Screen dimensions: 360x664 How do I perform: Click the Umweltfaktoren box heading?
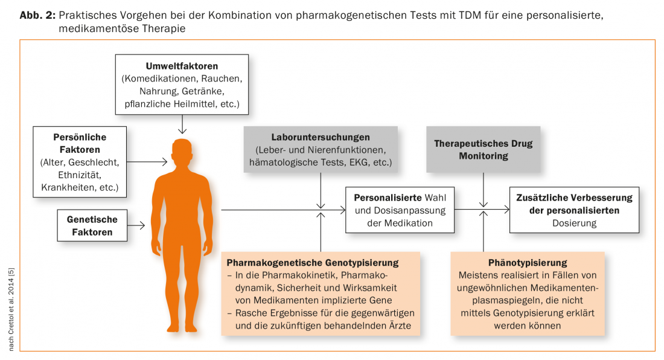(x=182, y=66)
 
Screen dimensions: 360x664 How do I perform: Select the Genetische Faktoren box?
(x=92, y=226)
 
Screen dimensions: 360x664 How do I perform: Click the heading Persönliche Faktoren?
(x=80, y=143)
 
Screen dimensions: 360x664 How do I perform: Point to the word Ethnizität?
(x=80, y=175)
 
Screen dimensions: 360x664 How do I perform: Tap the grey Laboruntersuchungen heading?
(x=321, y=138)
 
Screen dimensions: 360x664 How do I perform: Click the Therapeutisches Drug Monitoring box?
(x=484, y=150)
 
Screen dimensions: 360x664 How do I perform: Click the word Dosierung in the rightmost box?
(x=575, y=223)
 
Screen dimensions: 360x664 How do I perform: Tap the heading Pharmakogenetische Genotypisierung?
(x=313, y=263)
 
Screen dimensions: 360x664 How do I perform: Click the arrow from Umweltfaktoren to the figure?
(x=182, y=125)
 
